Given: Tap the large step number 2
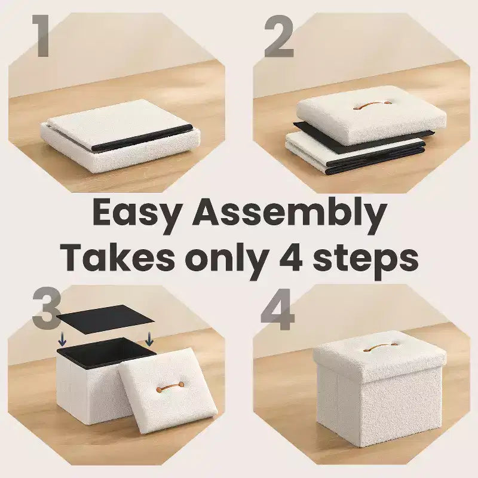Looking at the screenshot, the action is [279, 36].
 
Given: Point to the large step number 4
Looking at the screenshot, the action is [277, 309].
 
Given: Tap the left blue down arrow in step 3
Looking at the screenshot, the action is [62, 339].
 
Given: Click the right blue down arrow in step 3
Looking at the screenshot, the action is [149, 339].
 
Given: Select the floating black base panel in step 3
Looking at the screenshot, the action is [106, 319].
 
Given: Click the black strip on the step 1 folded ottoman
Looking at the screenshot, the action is [143, 138].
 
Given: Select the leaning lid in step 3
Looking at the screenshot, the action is [168, 390].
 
